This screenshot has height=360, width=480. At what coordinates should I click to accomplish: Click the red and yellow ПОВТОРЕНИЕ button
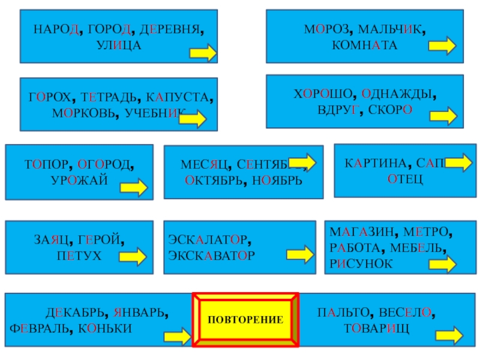click(x=245, y=319)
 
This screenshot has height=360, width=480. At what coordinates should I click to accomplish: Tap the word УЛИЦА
click(x=119, y=44)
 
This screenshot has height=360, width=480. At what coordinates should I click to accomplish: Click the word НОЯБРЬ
click(x=277, y=180)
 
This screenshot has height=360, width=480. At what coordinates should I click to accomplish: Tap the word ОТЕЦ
click(x=405, y=179)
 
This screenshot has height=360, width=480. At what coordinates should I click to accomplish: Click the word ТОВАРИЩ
click(x=376, y=329)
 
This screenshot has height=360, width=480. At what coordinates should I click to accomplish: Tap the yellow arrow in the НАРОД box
click(x=203, y=54)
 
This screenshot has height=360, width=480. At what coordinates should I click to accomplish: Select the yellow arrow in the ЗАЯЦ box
click(x=133, y=257)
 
